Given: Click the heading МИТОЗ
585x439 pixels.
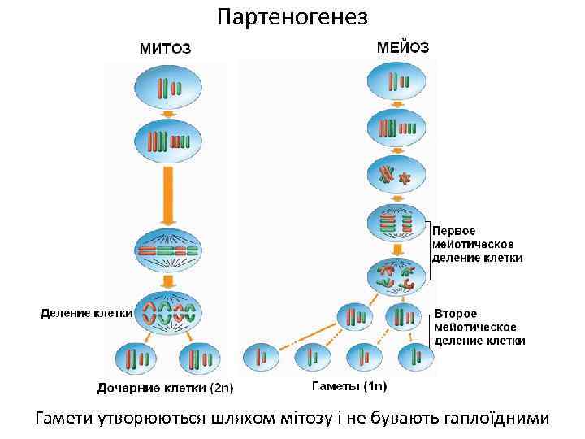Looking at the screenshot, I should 165,48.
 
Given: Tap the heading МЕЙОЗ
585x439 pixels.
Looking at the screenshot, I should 403,47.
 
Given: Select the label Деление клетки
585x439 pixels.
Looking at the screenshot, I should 86,312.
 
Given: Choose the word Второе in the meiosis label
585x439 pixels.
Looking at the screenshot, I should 456,313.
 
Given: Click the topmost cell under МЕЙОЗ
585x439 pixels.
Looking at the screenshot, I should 398,82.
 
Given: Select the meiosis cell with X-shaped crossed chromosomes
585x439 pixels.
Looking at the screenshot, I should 397,174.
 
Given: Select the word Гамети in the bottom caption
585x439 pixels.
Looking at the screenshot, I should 65,418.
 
